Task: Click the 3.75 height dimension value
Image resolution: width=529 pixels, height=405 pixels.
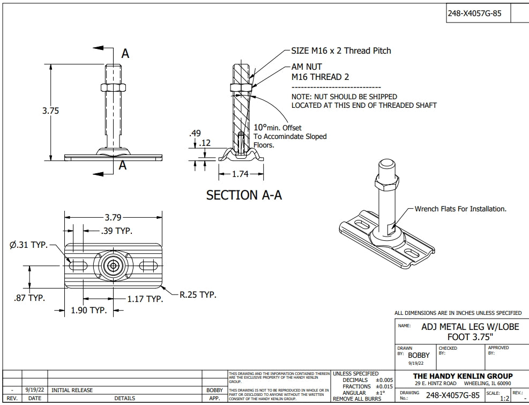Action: click(50, 111)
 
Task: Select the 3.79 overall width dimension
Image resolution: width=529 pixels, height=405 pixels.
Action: click(113, 218)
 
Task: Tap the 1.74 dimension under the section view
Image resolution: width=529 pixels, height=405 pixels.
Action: click(241, 174)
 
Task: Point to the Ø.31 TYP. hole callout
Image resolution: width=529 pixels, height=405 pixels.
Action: click(28, 245)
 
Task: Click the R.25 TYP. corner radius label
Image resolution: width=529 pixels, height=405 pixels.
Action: click(197, 294)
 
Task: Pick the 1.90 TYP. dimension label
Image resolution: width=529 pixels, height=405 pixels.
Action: click(90, 310)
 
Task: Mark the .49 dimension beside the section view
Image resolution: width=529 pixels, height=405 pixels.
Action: click(195, 133)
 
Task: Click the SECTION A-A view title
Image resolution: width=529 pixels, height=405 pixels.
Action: click(244, 195)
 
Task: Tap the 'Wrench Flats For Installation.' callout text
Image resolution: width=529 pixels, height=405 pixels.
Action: click(460, 209)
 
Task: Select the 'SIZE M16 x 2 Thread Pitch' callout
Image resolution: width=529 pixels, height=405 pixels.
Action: click(341, 51)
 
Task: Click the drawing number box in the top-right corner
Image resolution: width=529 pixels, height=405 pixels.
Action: click(474, 14)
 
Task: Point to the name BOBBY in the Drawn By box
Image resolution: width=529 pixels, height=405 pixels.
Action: click(419, 355)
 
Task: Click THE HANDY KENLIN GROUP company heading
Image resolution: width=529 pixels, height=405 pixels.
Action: click(463, 375)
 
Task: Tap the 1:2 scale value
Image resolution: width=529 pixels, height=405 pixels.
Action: click(504, 399)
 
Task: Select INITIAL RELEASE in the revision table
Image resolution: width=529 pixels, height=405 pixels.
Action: click(72, 391)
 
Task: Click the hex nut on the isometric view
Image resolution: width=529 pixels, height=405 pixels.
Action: click(387, 184)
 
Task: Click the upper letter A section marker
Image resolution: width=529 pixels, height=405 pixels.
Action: click(125, 53)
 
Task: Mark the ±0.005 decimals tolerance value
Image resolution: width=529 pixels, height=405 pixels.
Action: click(384, 380)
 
